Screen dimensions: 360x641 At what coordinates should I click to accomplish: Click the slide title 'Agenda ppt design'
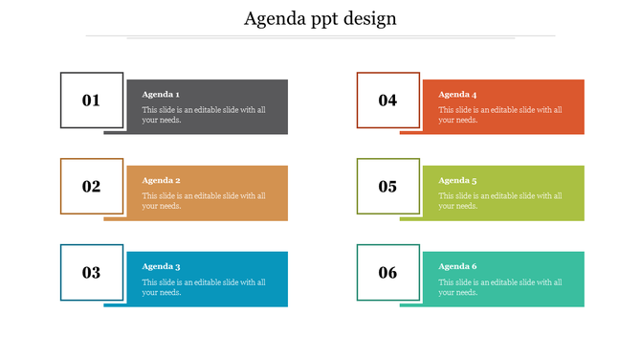(x=320, y=18)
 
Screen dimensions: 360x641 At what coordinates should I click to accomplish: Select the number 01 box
(x=92, y=100)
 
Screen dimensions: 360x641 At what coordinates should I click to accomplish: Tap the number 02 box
(x=92, y=186)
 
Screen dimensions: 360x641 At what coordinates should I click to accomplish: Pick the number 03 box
(x=92, y=273)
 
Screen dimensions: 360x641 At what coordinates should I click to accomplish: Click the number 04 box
(x=387, y=100)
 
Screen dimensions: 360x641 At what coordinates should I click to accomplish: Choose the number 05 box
(x=387, y=186)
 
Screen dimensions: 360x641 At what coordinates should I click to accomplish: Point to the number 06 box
(x=387, y=273)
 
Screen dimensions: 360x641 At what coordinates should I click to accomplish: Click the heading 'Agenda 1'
(x=161, y=95)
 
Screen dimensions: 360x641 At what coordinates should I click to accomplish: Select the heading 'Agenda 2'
(x=161, y=181)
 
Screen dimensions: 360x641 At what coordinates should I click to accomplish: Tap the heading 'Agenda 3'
(x=161, y=267)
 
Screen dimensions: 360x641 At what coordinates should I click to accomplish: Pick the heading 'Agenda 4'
(x=457, y=95)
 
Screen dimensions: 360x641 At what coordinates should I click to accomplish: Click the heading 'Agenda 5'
(x=457, y=181)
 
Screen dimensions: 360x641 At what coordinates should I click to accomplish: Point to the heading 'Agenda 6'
(x=457, y=267)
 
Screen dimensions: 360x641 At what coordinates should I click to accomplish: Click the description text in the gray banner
(x=204, y=115)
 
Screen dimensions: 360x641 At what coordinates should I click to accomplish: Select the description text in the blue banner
(x=204, y=287)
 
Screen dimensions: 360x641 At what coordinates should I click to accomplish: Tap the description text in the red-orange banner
(x=500, y=115)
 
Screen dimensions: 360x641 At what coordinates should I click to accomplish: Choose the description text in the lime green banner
(x=500, y=201)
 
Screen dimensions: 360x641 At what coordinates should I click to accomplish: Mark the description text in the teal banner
(x=500, y=287)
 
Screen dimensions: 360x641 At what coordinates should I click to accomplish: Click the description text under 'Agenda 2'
(x=204, y=201)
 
